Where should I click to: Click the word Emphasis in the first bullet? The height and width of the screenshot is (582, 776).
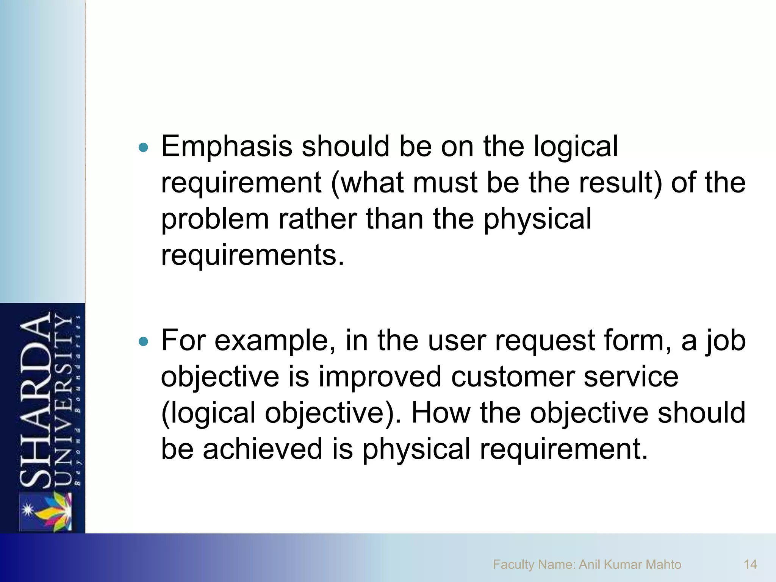(227, 146)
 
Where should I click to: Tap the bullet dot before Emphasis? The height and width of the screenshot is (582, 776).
(143, 147)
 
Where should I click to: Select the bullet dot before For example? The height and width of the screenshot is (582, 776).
(143, 342)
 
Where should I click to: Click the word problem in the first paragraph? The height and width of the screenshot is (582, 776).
(214, 220)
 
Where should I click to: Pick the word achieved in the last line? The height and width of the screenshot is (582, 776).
(262, 449)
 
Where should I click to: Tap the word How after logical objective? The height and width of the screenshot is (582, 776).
(441, 413)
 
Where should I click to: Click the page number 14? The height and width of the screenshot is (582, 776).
(750, 565)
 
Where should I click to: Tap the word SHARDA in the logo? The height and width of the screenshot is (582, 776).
(35, 400)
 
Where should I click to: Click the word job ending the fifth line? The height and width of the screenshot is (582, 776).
(725, 341)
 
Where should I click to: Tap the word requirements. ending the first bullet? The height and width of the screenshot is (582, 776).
(253, 255)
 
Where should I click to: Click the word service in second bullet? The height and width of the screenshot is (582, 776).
(631, 377)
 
